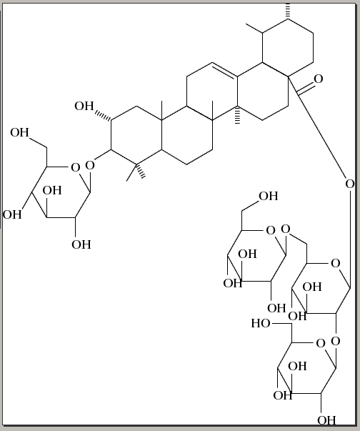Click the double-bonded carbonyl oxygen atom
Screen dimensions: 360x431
[319, 79]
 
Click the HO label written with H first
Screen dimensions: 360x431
[261, 323]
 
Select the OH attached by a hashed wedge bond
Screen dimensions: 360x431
[84, 106]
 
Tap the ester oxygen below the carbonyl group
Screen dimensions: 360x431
[350, 184]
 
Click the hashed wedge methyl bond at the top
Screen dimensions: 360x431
[288, 11]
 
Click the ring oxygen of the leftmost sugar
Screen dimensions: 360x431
[75, 167]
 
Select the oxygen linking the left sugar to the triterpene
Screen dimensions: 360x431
[90, 165]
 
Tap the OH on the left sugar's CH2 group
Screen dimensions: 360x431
[19, 132]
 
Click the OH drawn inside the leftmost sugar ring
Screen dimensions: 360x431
[52, 190]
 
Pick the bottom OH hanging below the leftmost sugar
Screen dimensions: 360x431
[81, 244]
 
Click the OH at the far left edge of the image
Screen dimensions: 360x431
[12, 214]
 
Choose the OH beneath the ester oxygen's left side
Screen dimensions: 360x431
[269, 196]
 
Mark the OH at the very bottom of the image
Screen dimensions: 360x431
[326, 420]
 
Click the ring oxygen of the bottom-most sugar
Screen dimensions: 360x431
[321, 343]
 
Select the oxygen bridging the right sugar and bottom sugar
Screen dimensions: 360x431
[336, 341]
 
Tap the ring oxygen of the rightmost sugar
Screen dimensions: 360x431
[335, 263]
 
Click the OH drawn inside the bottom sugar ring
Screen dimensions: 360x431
[297, 366]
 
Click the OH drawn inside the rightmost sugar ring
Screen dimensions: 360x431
[312, 287]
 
